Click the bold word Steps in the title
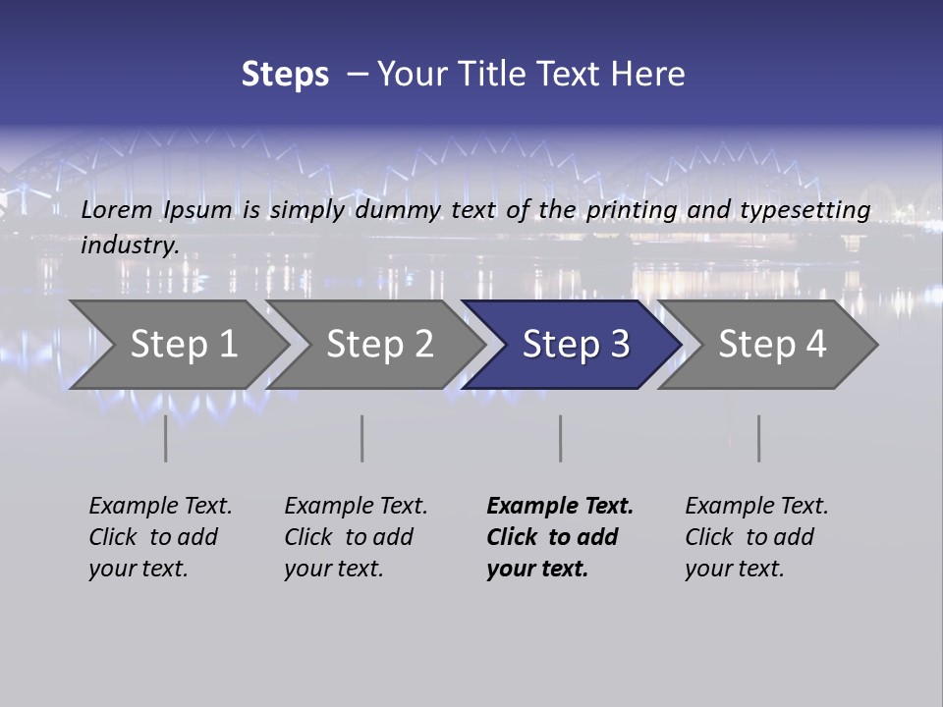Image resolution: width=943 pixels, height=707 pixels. click(285, 75)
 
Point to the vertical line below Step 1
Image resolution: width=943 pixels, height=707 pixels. click(165, 438)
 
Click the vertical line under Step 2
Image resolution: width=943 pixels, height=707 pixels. click(362, 438)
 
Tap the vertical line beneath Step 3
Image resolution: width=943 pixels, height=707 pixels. click(560, 438)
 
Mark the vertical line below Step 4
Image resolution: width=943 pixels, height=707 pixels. click(758, 438)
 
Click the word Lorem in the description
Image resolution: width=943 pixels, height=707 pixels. click(117, 209)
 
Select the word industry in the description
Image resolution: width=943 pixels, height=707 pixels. click(130, 245)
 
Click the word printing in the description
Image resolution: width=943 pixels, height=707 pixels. click(632, 209)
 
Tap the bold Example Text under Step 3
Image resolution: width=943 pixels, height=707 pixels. click(560, 506)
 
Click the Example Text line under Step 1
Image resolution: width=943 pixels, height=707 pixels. click(160, 506)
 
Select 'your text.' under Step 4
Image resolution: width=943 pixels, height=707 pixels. click(734, 569)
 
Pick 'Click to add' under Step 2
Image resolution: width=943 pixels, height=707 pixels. click(349, 537)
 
